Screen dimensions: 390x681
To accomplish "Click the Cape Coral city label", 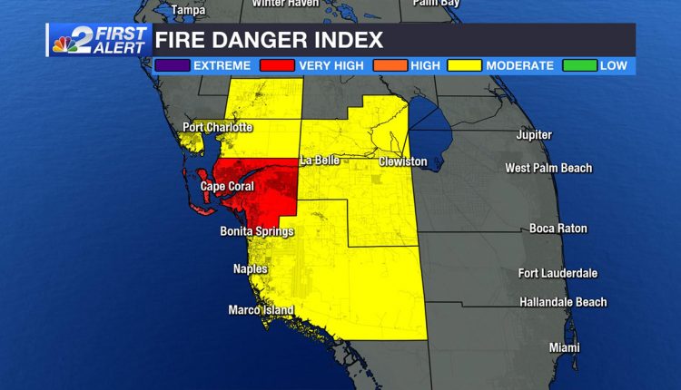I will tap(226, 187).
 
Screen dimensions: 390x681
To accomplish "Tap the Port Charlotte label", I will tap(217, 127).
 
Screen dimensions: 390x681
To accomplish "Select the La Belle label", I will tap(320, 161).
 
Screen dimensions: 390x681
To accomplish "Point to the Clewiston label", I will tap(402, 161).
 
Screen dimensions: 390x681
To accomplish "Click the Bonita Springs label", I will tap(257, 231).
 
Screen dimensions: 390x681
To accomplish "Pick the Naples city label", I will tap(250, 268).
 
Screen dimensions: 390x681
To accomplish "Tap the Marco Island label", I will tap(261, 310).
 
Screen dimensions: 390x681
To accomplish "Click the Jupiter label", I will tap(533, 135).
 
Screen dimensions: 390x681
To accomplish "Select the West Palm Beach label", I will tap(548, 168).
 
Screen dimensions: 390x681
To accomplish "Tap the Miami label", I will tap(564, 347).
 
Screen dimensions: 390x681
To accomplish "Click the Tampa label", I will tap(188, 10).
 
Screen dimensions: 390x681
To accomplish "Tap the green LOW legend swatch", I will tap(580, 66).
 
